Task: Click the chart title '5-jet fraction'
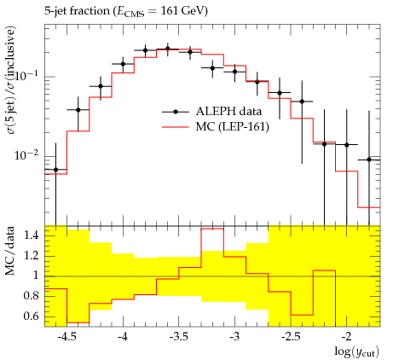(77, 11)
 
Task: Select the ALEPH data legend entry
(211, 112)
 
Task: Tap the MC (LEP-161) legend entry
(216, 127)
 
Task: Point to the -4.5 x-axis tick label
(66, 337)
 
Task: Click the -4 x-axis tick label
(123, 337)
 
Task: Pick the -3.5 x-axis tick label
(179, 337)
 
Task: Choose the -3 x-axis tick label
(234, 337)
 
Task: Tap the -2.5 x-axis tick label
(291, 337)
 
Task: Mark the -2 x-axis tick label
(347, 337)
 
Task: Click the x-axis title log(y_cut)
(356, 351)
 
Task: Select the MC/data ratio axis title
(10, 251)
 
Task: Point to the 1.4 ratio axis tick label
(31, 235)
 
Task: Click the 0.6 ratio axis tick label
(31, 316)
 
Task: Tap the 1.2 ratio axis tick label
(31, 256)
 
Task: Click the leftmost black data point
(55, 170)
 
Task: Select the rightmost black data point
(369, 160)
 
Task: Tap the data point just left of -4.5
(55, 170)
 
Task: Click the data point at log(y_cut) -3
(234, 72)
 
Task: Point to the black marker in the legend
(176, 112)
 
